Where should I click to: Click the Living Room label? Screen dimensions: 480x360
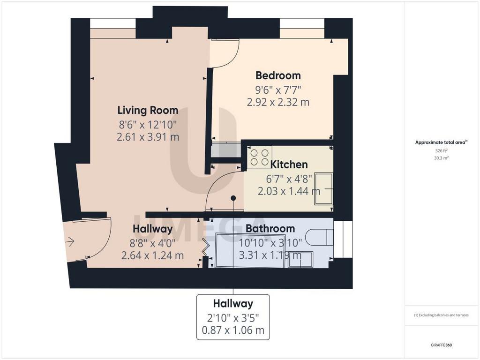click(x=148, y=110)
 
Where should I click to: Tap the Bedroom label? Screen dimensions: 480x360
click(x=278, y=75)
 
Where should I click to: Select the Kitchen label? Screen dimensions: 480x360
click(x=289, y=165)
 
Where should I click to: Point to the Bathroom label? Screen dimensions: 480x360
click(x=270, y=228)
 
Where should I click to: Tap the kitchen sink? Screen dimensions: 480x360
click(x=323, y=189)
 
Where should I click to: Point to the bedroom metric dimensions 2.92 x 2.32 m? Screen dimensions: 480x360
click(x=278, y=102)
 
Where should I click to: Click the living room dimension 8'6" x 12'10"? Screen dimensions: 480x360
click(x=148, y=125)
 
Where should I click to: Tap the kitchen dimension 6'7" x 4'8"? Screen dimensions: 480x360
click(x=289, y=178)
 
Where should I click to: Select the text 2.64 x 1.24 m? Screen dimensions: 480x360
click(x=152, y=255)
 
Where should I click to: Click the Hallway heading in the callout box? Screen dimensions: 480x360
click(x=233, y=303)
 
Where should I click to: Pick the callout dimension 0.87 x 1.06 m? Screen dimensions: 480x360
click(x=233, y=330)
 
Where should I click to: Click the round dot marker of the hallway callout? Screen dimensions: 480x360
click(x=233, y=198)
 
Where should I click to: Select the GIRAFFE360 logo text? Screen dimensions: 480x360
click(x=441, y=345)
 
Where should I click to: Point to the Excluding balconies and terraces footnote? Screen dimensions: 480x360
click(x=441, y=315)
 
